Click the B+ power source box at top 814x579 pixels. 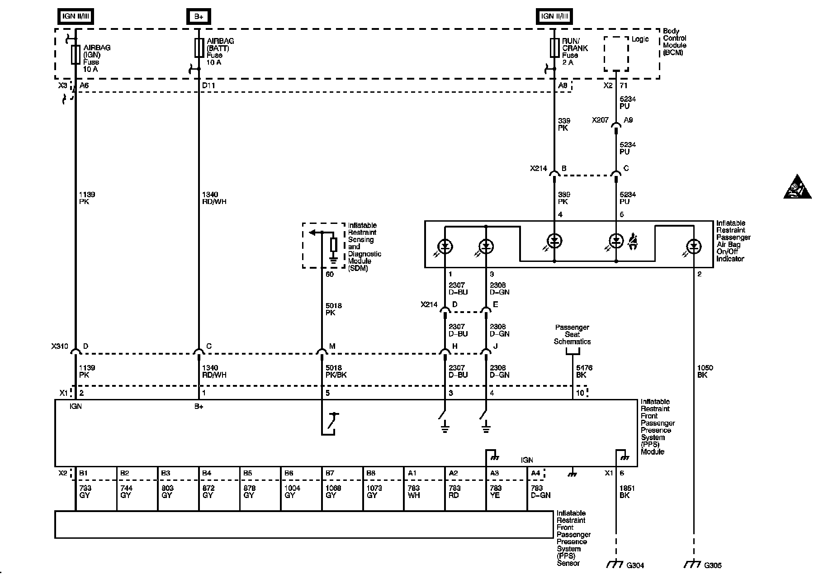pos(199,17)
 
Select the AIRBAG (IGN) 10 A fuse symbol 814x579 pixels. pos(76,55)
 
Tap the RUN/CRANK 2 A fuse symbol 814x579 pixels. pos(554,48)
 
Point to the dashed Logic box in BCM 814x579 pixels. pos(616,54)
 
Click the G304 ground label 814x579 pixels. pos(635,565)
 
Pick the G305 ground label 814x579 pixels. pos(713,565)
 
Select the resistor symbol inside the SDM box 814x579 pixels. pos(333,245)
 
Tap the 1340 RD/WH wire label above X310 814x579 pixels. pos(214,198)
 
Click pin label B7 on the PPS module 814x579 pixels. pos(330,473)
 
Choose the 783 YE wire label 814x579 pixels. pos(495,492)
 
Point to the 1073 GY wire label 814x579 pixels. pos(374,492)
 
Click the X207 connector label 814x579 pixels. pos(600,120)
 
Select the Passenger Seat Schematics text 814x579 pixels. pos(572,334)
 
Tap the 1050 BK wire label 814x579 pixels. pos(705,371)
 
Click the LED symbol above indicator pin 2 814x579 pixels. pos(693,247)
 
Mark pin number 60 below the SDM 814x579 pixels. pos(330,275)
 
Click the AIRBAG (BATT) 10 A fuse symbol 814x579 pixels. pos(199,48)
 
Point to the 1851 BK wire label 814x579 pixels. pos(627,492)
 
